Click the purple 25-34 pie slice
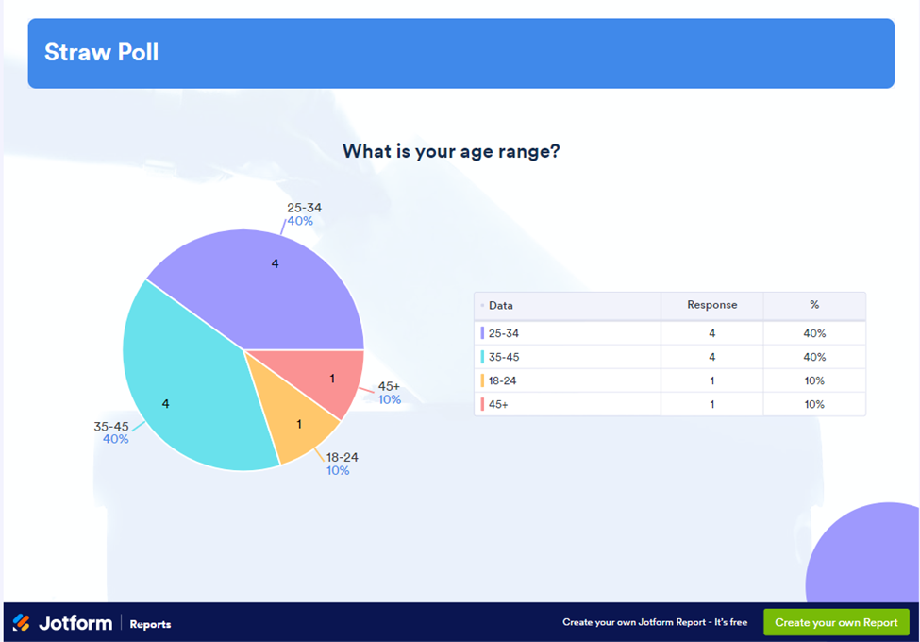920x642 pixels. (274, 283)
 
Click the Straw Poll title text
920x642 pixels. (101, 52)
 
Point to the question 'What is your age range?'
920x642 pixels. (451, 151)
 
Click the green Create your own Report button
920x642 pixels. (836, 623)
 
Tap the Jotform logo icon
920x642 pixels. (21, 623)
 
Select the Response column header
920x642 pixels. (711, 305)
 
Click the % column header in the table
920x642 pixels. (814, 305)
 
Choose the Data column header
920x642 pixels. (501, 306)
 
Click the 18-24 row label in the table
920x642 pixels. (502, 380)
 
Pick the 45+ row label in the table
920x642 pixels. (497, 404)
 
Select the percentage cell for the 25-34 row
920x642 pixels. (814, 333)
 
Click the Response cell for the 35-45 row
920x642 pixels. (711, 357)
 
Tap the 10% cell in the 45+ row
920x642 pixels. (814, 404)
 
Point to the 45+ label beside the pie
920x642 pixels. (389, 386)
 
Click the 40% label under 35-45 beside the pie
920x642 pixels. (115, 439)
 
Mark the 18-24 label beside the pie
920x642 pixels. (342, 457)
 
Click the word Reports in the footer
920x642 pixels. (150, 624)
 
